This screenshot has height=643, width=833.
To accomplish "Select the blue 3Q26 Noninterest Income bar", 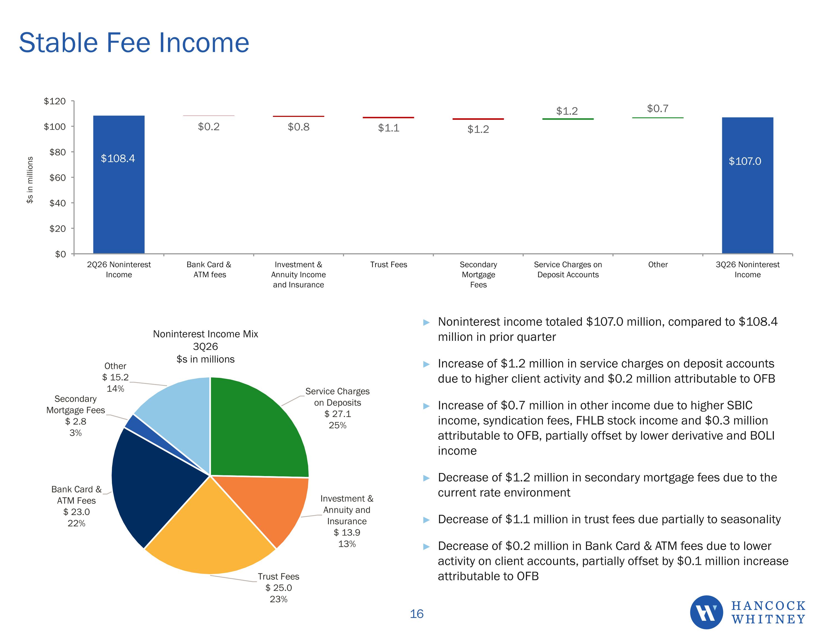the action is click(x=747, y=186).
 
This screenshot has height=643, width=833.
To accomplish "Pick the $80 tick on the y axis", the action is click(x=57, y=152).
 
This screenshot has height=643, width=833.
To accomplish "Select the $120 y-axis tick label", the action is click(x=55, y=101).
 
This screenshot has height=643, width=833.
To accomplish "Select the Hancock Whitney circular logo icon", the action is click(x=706, y=612).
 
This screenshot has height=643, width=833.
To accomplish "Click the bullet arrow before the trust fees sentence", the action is click(x=426, y=520).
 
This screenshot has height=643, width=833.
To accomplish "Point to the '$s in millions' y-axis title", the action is click(x=30, y=180).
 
